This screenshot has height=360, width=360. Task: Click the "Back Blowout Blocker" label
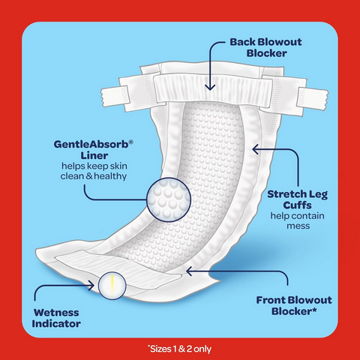265,47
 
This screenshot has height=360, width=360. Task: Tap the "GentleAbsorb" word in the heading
91,144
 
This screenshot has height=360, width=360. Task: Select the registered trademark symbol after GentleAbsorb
130,142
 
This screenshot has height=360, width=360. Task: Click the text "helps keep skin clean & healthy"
94,171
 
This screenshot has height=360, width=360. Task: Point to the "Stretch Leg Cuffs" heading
298,199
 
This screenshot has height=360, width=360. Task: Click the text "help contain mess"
298,220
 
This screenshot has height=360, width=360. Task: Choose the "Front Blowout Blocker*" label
294,305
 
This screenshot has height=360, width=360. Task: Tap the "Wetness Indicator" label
56,318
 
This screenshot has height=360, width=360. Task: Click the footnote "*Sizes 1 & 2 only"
179,349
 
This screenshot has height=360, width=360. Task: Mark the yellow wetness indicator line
112,286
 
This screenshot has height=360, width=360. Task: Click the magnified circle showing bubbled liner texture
169,199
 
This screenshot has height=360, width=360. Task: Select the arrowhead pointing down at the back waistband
210,87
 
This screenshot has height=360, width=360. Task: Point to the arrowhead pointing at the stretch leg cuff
255,149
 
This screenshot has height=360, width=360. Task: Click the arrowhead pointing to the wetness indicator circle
91,285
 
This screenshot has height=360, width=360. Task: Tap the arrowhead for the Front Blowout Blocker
189,271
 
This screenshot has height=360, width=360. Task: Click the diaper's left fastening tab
115,96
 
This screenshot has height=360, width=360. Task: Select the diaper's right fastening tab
313,99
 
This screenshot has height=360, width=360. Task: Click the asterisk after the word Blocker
314,310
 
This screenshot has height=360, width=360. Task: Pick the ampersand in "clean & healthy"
89,176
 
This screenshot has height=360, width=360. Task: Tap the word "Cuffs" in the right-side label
297,205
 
